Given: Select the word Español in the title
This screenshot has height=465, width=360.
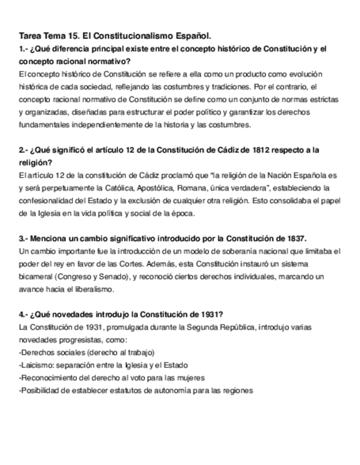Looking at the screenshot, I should (194, 36).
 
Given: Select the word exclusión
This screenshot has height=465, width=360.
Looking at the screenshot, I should (148, 200).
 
